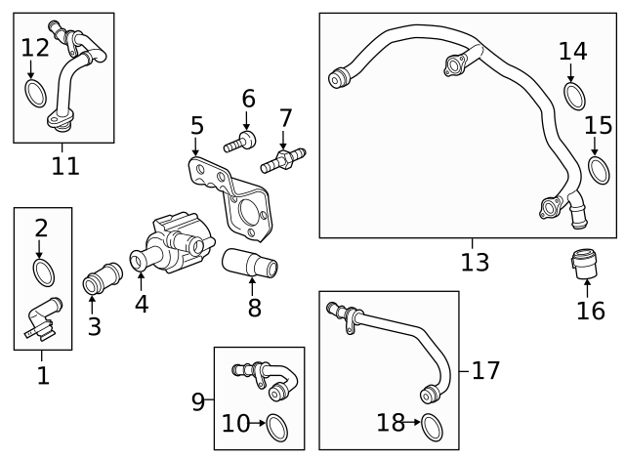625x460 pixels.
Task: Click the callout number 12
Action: click(34, 47)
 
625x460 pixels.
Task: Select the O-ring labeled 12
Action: click(34, 94)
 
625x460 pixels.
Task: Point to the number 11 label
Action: click(65, 166)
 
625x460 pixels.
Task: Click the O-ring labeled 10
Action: click(277, 425)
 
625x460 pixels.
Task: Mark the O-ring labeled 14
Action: click(574, 96)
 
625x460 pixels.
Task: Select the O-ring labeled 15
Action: click(598, 170)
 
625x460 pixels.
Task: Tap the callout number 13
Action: click(475, 263)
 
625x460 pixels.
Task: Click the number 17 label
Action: click(485, 370)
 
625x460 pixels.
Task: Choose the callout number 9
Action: click(198, 399)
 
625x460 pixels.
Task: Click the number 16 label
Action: click(591, 311)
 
